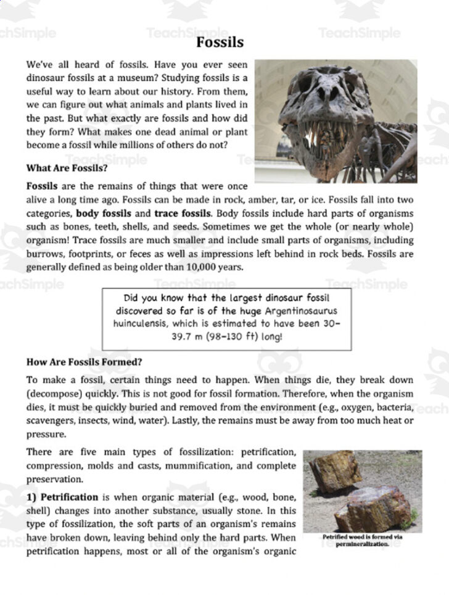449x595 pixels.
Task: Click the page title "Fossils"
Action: [x=220, y=43]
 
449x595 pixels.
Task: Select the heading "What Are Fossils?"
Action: [x=67, y=168]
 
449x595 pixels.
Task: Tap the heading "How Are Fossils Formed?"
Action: [x=84, y=362]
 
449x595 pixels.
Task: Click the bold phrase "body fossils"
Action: [x=101, y=214]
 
